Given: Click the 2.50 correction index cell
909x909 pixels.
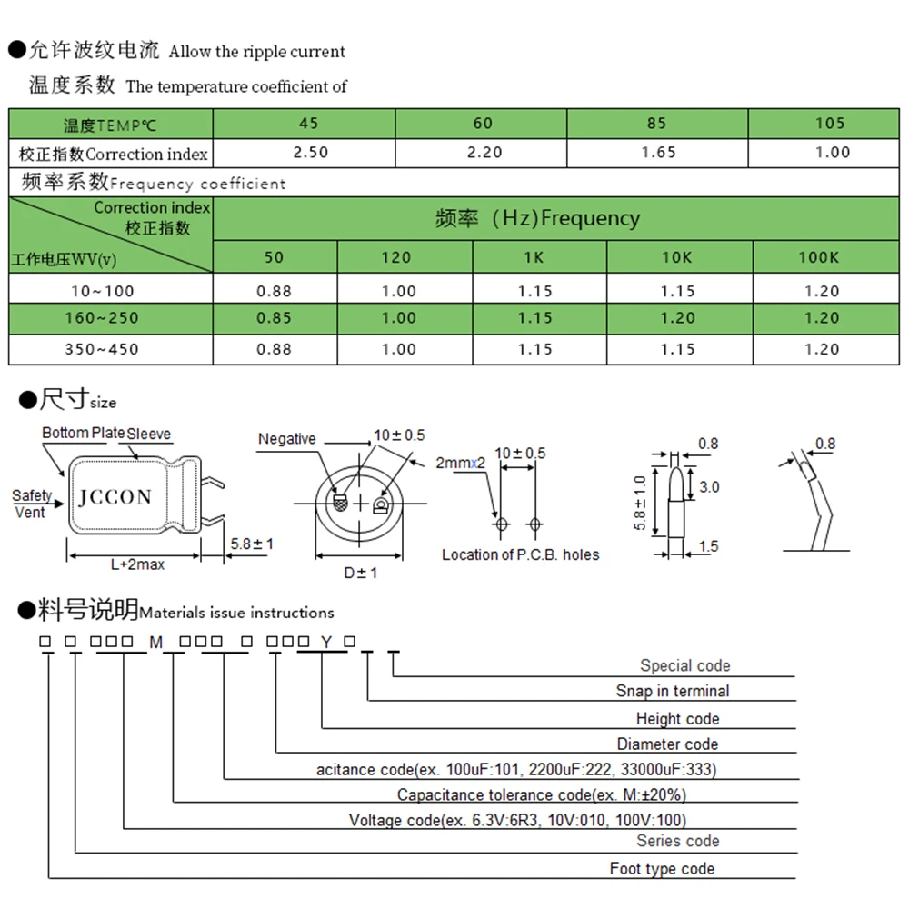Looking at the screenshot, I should pyautogui.click(x=312, y=153).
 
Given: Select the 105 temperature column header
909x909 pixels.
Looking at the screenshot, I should pyautogui.click(x=830, y=123).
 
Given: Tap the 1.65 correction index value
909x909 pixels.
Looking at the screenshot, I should pyautogui.click(x=658, y=153).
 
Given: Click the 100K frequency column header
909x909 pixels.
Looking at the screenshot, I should pyautogui.click(x=818, y=257).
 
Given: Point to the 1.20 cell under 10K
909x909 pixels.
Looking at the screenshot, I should pyautogui.click(x=677, y=318).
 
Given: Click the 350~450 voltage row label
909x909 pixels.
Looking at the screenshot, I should pyautogui.click(x=102, y=349).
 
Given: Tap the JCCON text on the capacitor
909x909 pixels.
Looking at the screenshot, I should pyautogui.click(x=115, y=497).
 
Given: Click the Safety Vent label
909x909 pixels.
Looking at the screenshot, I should pyautogui.click(x=32, y=504).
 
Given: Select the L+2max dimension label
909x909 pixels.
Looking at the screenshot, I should pyautogui.click(x=137, y=564).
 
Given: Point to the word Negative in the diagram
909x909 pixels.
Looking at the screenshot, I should pyautogui.click(x=286, y=439).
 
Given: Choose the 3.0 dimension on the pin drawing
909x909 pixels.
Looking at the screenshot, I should pyautogui.click(x=709, y=487).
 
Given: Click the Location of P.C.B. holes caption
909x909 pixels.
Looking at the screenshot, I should pyautogui.click(x=520, y=554).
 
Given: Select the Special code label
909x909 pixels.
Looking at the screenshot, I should pyautogui.click(x=684, y=666).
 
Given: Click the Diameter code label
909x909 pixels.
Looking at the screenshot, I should pyautogui.click(x=667, y=744).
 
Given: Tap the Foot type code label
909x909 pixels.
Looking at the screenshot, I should pyautogui.click(x=662, y=869).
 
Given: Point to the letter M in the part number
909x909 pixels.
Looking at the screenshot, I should pyautogui.click(x=155, y=642).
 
